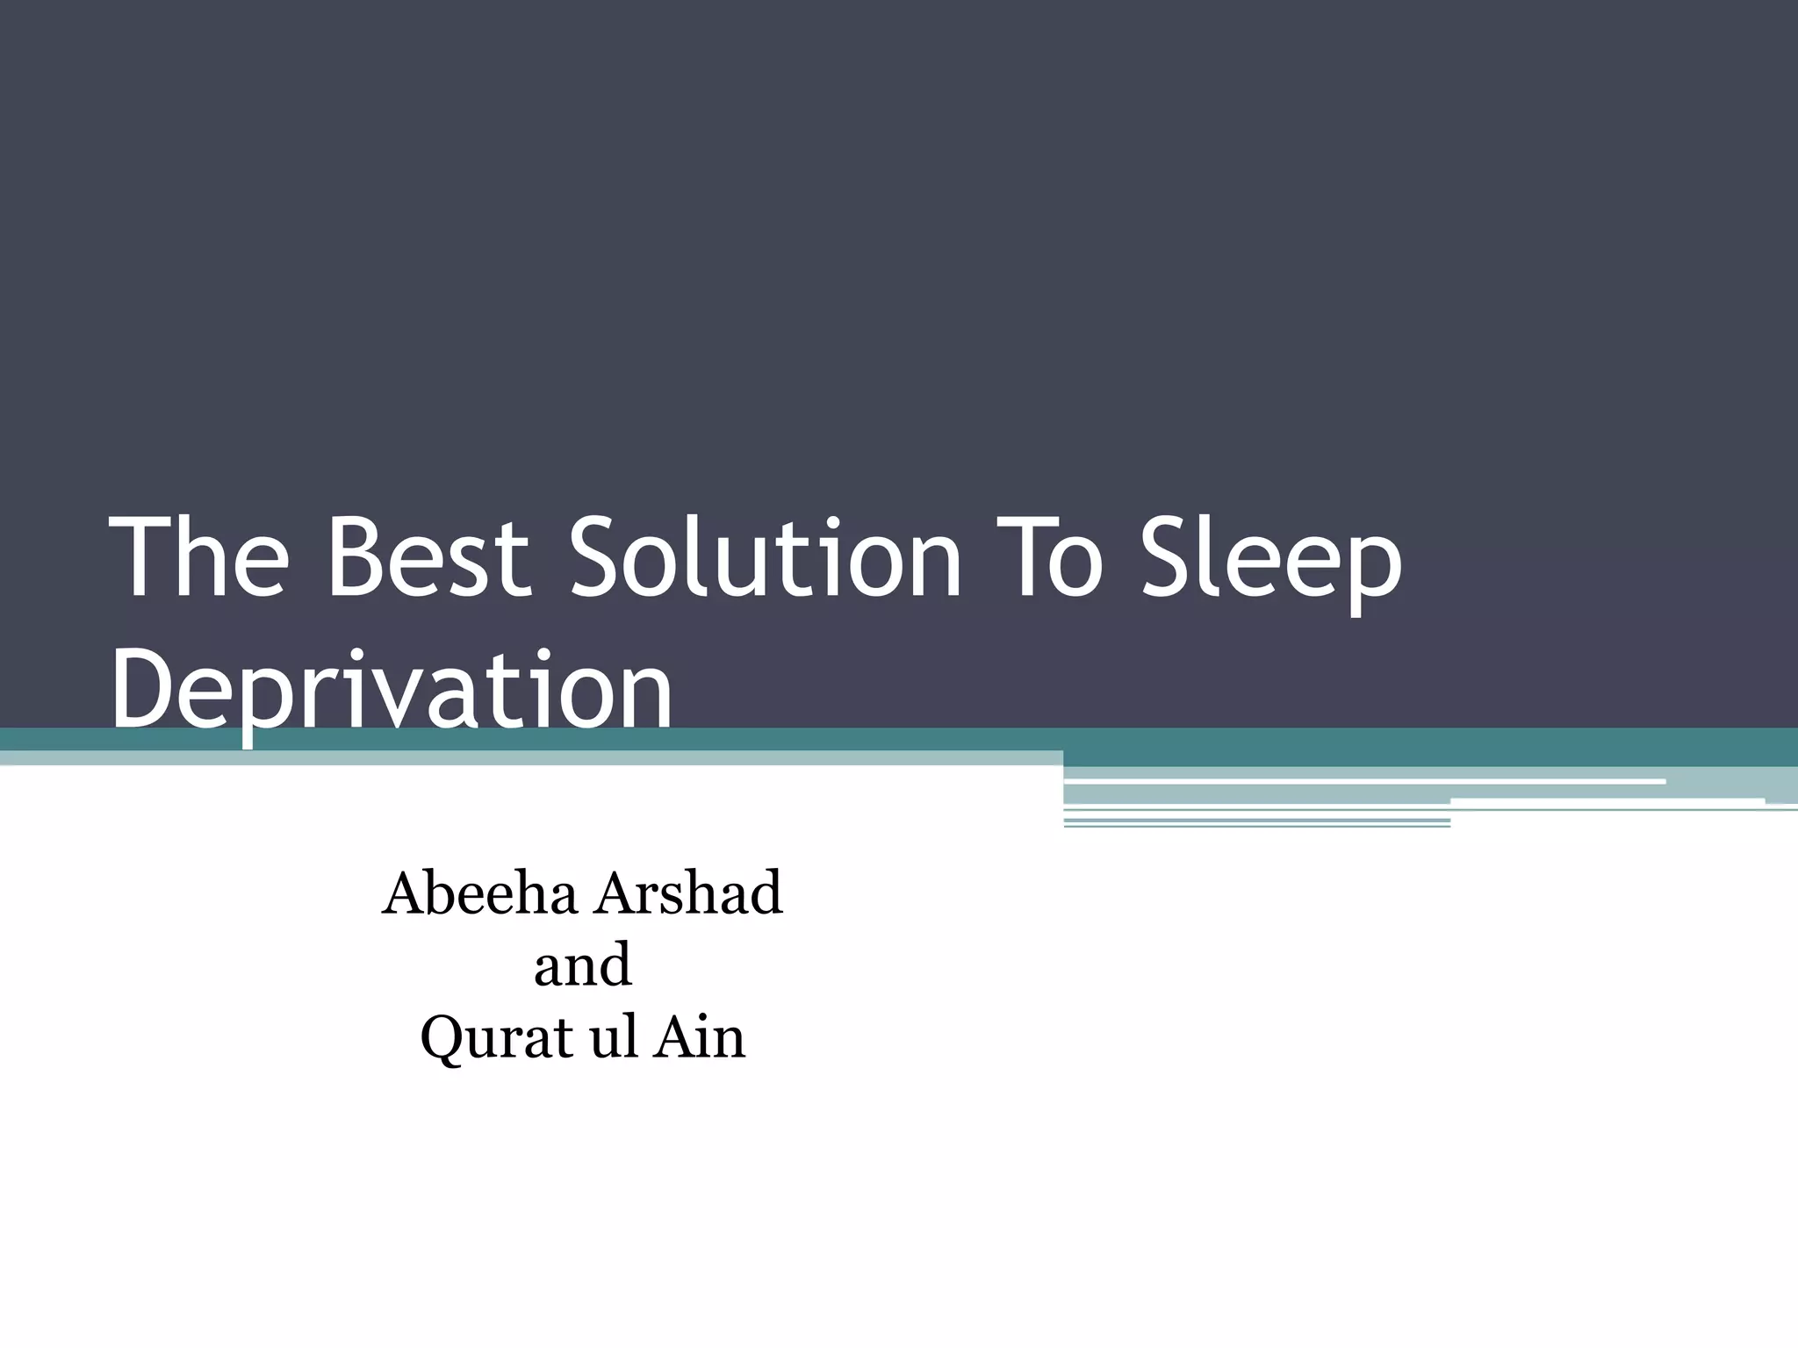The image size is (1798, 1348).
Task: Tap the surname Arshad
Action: pos(689,893)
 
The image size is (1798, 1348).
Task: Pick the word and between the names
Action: pos(583,965)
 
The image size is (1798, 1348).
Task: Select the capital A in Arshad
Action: pos(620,893)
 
